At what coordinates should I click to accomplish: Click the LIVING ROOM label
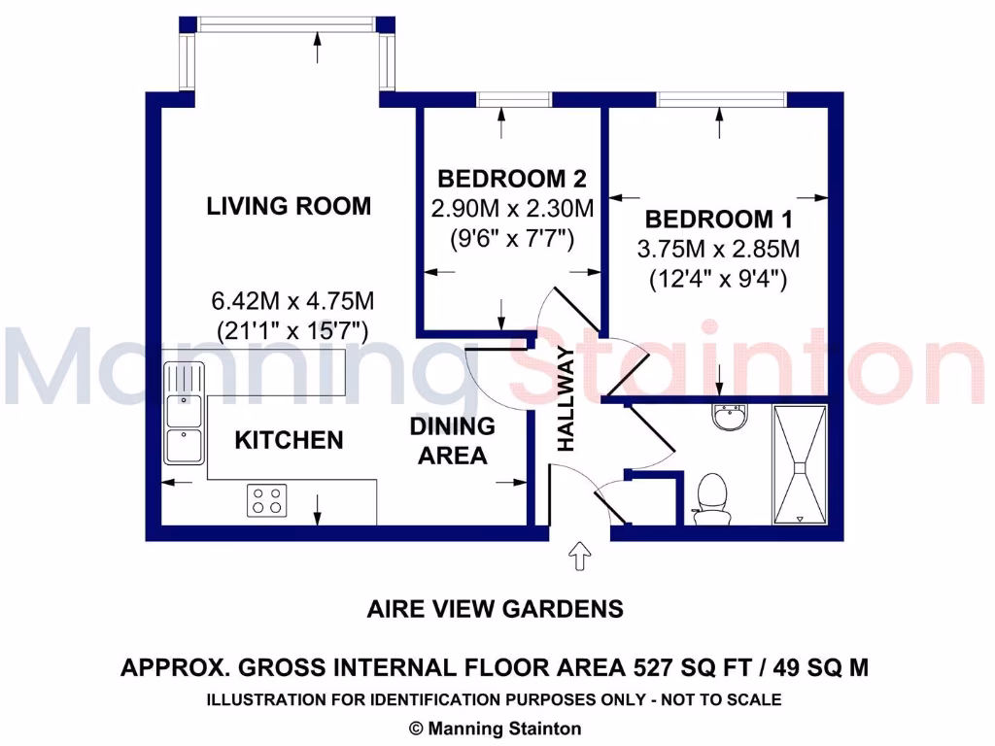click(x=289, y=206)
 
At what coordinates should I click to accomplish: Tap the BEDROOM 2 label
click(x=512, y=179)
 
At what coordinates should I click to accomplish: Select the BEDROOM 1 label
click(x=718, y=219)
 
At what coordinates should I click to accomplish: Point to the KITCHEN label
click(x=289, y=440)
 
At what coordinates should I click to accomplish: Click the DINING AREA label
click(x=452, y=440)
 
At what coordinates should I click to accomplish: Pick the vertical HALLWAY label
click(x=566, y=399)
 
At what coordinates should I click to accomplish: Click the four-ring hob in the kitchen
click(x=267, y=500)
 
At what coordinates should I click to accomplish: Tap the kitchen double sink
click(x=183, y=413)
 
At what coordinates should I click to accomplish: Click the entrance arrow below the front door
click(x=580, y=556)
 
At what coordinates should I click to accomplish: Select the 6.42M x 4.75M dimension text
click(x=292, y=298)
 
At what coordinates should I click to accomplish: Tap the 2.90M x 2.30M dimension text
click(x=512, y=208)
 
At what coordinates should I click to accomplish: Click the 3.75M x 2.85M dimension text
click(x=718, y=249)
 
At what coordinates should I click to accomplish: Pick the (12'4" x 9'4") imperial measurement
click(x=718, y=280)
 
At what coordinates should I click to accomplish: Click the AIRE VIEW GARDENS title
click(x=495, y=609)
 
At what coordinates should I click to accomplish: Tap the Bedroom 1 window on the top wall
click(x=720, y=98)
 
